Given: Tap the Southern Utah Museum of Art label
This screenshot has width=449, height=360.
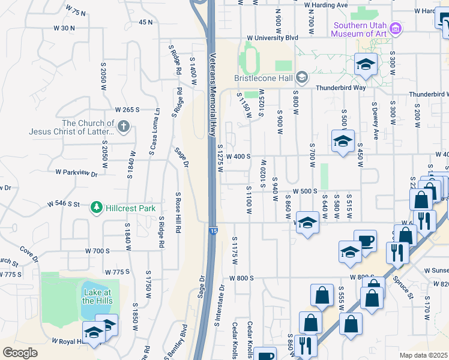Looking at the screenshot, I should [x=360, y=29].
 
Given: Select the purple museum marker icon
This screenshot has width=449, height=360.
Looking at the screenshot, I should [x=395, y=28].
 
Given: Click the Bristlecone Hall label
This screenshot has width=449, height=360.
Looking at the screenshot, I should [x=262, y=78].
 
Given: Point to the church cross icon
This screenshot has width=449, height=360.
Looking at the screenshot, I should [x=124, y=126].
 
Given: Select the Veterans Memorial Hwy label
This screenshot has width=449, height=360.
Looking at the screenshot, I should [x=212, y=96].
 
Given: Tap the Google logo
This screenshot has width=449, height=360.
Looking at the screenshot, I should [x=20, y=353].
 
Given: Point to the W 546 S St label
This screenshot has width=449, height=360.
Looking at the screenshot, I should [x=64, y=204].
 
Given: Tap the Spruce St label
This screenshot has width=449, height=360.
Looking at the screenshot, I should [x=403, y=287].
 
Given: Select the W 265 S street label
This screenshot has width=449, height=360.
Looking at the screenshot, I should [x=127, y=110].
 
